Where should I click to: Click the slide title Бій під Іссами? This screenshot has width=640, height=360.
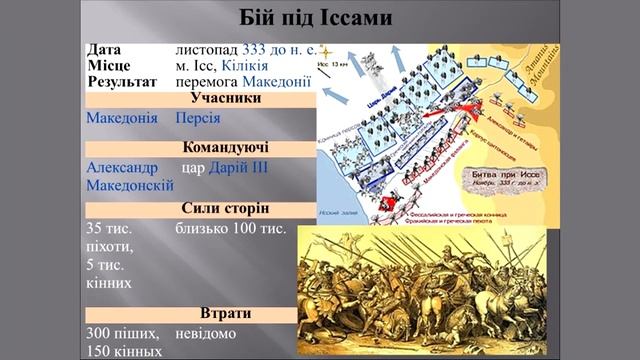click(x=319, y=18)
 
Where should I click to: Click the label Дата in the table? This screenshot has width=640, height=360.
click(x=105, y=49)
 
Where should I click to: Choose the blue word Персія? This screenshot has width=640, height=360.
click(x=198, y=118)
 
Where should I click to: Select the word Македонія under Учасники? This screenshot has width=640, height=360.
click(x=122, y=118)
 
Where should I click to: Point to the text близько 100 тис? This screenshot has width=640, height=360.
click(x=230, y=228)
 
